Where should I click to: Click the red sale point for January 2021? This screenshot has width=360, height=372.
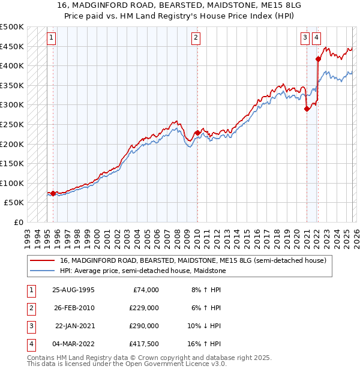[307, 109]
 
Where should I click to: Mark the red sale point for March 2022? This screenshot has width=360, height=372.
[318, 59]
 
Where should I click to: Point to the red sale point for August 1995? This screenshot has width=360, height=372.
[53, 193]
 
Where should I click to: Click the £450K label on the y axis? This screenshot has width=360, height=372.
[12, 46]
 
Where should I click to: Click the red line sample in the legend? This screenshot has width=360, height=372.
[42, 261]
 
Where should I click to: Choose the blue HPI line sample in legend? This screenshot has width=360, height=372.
[42, 271]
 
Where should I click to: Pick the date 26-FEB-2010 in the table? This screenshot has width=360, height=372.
[73, 308]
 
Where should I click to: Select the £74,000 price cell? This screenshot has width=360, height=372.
[145, 290]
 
